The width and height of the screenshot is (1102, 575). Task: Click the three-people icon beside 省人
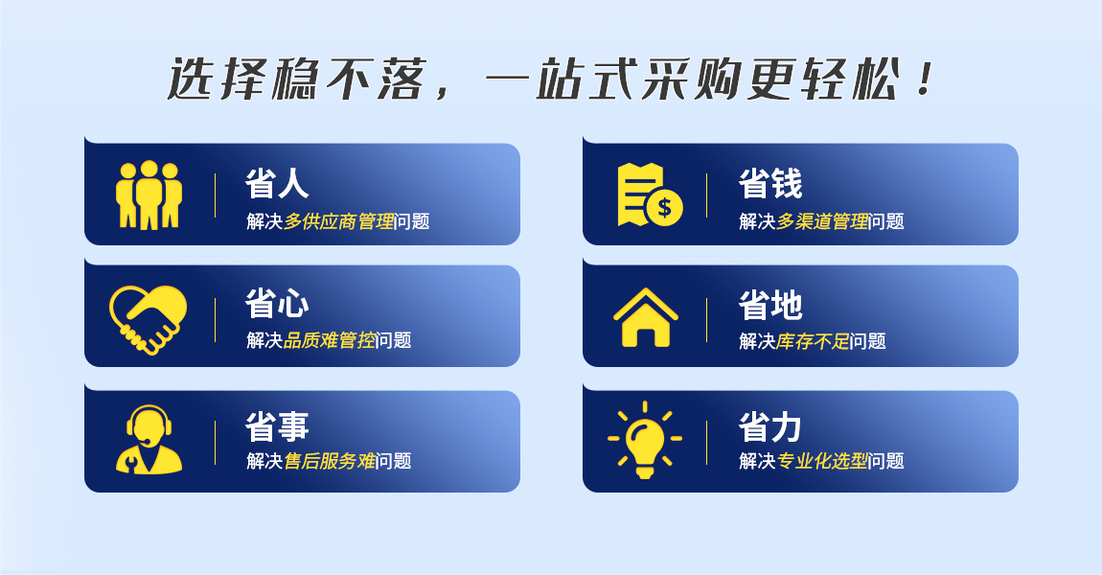tap(149, 195)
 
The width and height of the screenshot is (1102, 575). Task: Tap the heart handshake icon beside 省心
tap(149, 319)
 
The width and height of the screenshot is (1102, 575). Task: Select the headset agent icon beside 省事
tap(149, 439)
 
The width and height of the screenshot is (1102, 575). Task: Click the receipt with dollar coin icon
tap(650, 195)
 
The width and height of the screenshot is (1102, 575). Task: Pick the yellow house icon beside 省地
tap(646, 317)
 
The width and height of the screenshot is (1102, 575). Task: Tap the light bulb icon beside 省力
tap(645, 439)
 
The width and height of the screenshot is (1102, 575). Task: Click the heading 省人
tap(277, 183)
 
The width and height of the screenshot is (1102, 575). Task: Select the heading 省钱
tap(770, 183)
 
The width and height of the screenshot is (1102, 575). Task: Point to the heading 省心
tap(277, 304)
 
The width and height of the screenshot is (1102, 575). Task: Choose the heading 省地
tap(770, 305)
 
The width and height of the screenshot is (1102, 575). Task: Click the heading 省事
tap(277, 425)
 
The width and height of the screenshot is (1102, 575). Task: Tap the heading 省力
tap(770, 425)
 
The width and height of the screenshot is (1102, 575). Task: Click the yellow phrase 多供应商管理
tap(339, 221)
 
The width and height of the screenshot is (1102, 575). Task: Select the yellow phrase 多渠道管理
tap(822, 221)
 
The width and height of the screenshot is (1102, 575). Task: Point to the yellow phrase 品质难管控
tap(330, 340)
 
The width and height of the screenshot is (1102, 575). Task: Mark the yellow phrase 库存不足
tap(814, 341)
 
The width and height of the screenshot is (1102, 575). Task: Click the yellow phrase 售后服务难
tap(330, 461)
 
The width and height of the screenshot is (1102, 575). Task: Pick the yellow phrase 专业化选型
tap(822, 461)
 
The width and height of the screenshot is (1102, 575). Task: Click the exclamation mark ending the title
tap(926, 79)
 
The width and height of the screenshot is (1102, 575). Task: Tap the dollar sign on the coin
tap(664, 207)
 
